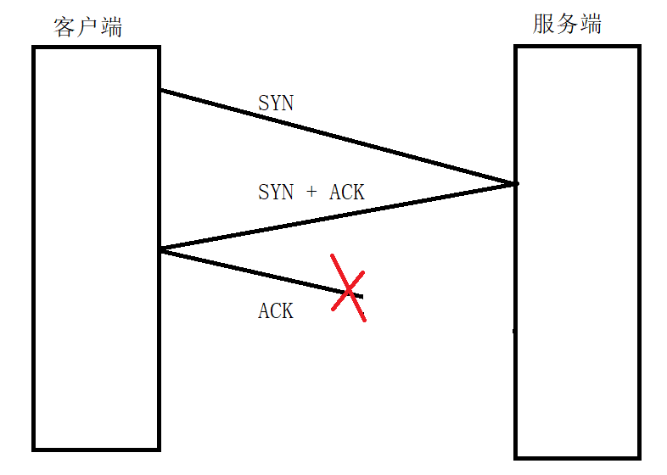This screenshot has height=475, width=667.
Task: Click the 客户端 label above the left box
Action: click(x=87, y=27)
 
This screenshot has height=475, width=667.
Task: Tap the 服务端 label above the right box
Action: click(x=567, y=24)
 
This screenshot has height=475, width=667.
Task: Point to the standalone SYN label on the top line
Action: click(x=276, y=103)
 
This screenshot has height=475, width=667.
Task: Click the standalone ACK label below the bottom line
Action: click(x=276, y=311)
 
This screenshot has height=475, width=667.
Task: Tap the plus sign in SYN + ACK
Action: click(x=311, y=193)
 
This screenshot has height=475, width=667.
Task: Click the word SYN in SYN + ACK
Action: click(x=276, y=193)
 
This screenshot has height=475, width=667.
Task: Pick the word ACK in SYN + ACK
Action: click(x=347, y=193)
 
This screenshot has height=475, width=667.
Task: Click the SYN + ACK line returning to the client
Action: click(x=339, y=215)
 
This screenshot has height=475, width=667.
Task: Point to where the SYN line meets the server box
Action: click(x=515, y=183)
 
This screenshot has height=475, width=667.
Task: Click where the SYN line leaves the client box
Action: click(x=160, y=90)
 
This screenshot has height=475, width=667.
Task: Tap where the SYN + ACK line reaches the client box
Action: click(x=160, y=249)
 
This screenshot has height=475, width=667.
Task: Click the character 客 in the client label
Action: click(x=64, y=27)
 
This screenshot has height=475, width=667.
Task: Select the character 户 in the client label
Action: click(x=87, y=27)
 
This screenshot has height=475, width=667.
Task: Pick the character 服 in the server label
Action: click(x=544, y=24)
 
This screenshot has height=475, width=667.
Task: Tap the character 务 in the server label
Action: click(x=567, y=24)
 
